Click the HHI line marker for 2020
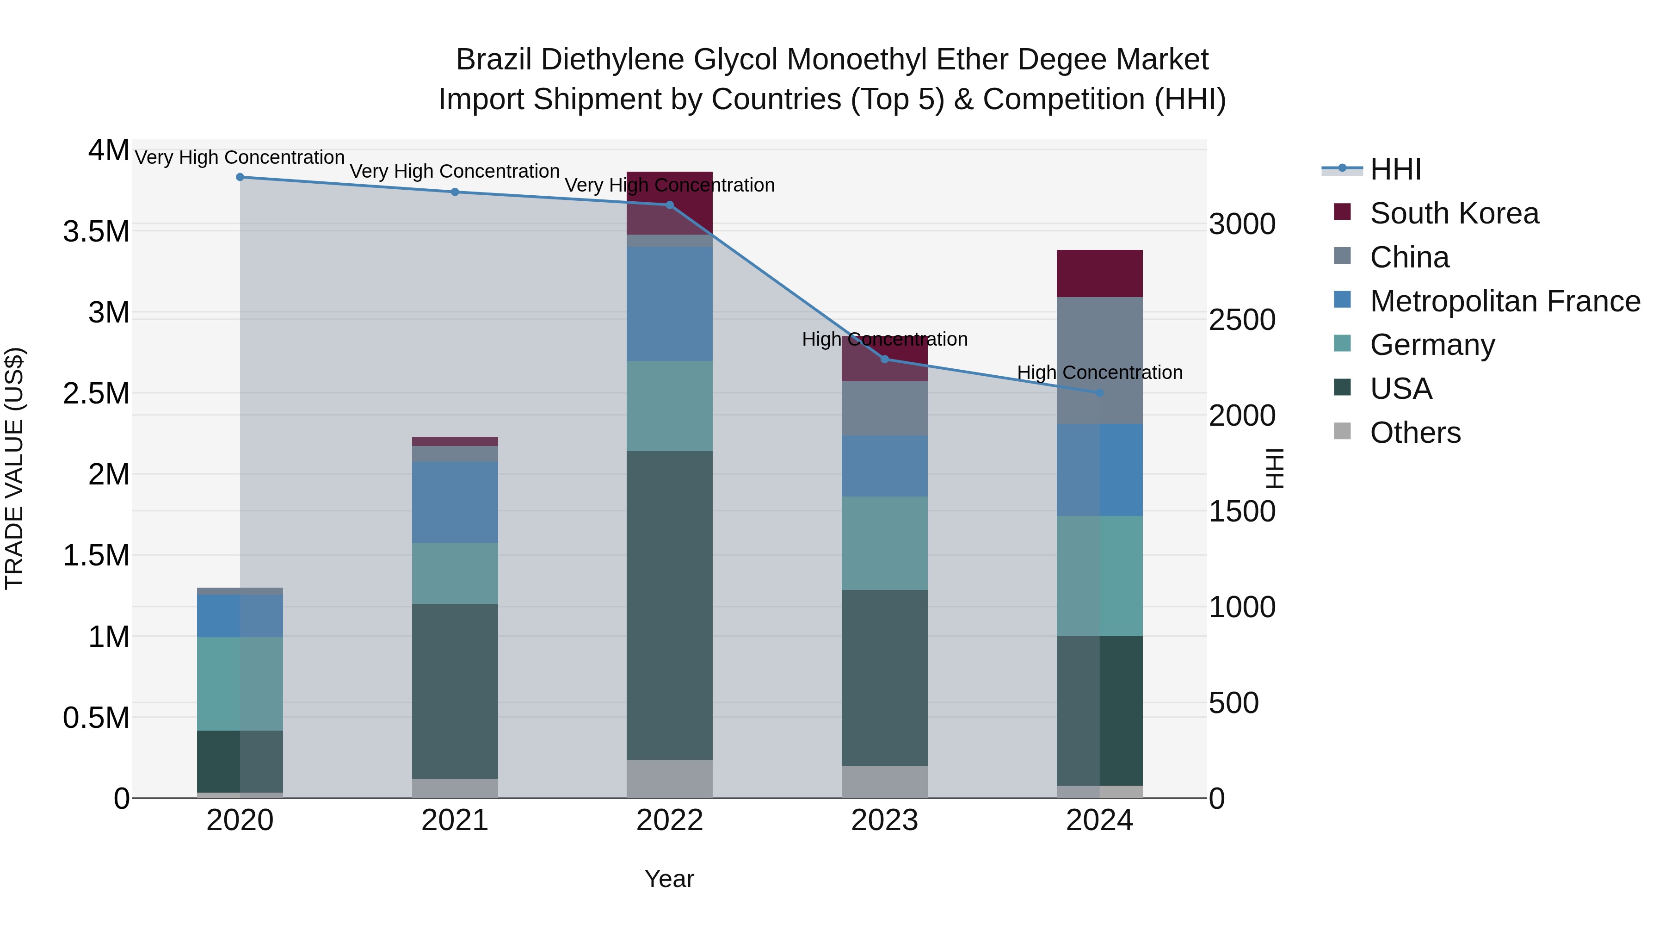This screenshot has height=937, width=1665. coord(240,177)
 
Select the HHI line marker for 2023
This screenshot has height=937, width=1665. coord(885,359)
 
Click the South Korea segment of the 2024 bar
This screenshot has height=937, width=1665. coord(1099,273)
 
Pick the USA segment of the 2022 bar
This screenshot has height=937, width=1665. coord(670,605)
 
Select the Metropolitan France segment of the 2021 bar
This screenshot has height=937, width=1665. coord(455,502)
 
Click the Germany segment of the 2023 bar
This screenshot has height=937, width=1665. coord(885,543)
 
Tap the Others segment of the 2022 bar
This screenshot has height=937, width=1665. coord(670,779)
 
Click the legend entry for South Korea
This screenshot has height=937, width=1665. coord(1454,213)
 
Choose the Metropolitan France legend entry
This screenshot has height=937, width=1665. coord(1505,301)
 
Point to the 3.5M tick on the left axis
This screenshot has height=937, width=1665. coord(96,231)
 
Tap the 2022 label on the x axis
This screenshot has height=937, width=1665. coord(670,820)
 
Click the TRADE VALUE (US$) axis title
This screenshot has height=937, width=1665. coord(14,468)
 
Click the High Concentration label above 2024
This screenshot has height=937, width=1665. coord(1099,372)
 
